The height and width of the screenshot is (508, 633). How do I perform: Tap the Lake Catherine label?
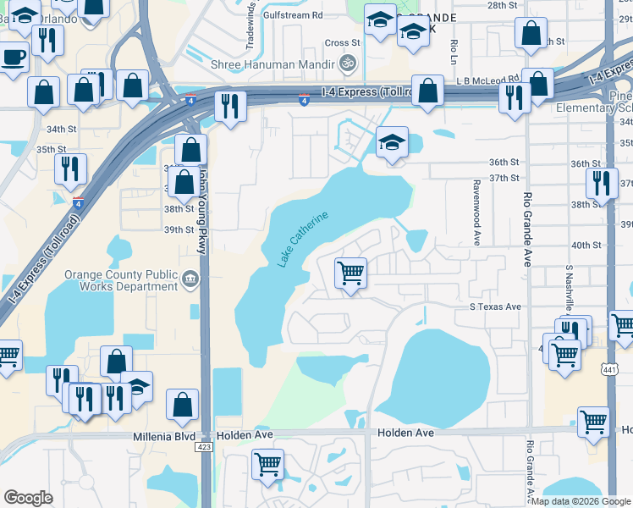(301, 240)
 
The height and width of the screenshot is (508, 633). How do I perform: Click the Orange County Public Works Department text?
(123, 280)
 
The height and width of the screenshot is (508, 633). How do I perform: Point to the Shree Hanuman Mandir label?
(286, 62)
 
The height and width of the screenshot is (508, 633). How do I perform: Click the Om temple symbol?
(345, 62)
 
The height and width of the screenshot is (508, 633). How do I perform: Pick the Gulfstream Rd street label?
(293, 15)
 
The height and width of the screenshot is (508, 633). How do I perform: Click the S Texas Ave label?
(496, 306)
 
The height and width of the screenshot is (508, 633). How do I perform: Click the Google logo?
(28, 498)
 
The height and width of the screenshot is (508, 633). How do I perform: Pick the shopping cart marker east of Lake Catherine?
(350, 273)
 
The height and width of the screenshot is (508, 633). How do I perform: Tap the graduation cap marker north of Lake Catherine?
(392, 143)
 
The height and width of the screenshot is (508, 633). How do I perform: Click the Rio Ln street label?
(454, 52)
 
